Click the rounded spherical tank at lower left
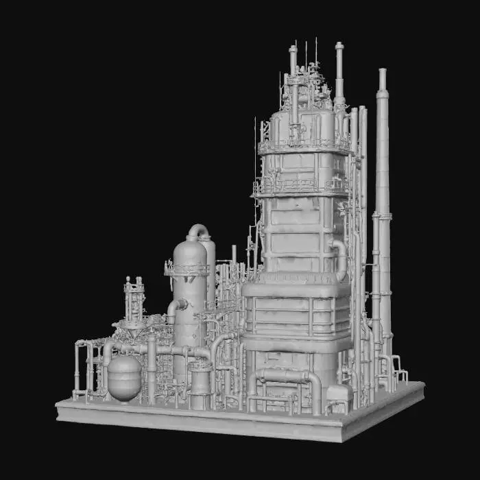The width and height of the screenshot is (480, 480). pyautogui.click(x=124, y=376)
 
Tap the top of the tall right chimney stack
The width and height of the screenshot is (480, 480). pyautogui.click(x=382, y=73)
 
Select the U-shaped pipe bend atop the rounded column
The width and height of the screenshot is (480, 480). pyautogui.click(x=198, y=230)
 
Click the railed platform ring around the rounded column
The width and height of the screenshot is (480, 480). pyautogui.click(x=187, y=269)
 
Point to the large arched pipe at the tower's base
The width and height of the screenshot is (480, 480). pyautogui.click(x=285, y=378)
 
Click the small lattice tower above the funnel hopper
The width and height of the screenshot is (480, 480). pyautogui.click(x=134, y=298)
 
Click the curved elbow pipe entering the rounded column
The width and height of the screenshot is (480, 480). pyautogui.click(x=177, y=306)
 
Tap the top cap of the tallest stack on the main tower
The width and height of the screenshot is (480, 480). pyautogui.click(x=339, y=47)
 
